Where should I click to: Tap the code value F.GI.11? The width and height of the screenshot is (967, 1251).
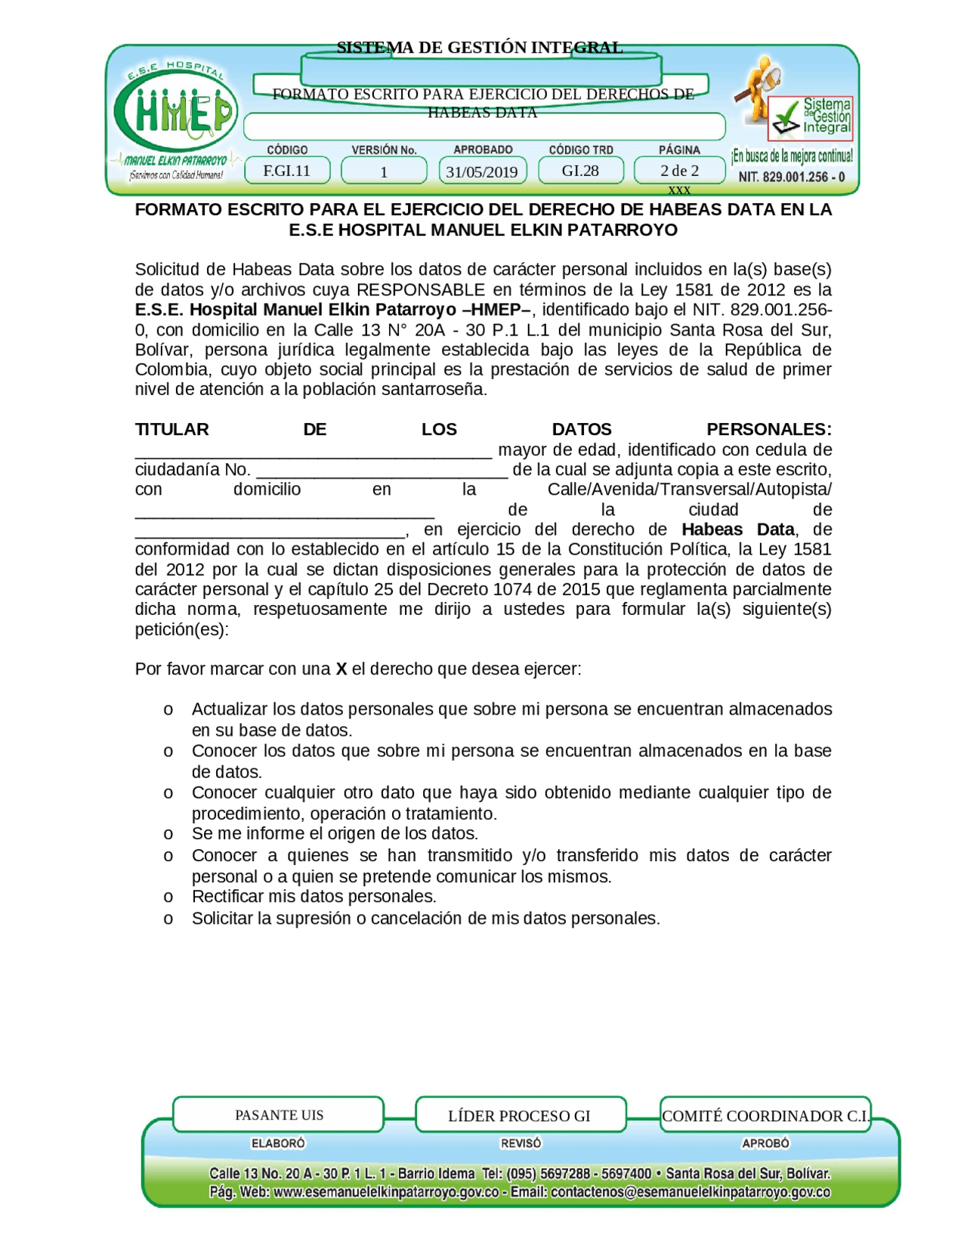(287, 171)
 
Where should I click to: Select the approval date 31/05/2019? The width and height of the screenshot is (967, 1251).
(481, 171)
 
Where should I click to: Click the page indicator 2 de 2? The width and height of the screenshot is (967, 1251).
(679, 171)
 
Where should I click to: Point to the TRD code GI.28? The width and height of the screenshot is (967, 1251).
(580, 171)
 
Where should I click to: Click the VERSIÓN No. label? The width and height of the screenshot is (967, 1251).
(384, 150)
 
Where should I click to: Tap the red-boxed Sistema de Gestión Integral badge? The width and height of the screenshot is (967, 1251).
(811, 117)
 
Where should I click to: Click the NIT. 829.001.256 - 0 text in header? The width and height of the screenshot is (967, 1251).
(791, 177)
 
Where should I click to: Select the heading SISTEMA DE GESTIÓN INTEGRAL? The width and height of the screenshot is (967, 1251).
(480, 48)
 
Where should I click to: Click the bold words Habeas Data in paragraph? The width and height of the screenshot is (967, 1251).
(737, 529)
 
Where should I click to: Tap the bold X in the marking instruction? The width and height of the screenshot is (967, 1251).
(341, 669)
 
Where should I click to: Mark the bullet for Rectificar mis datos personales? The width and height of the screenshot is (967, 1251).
(168, 897)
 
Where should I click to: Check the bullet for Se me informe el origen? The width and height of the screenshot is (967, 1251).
(168, 834)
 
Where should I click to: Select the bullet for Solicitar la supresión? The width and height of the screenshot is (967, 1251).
(168, 919)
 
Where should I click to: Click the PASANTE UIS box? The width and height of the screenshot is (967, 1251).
(279, 1114)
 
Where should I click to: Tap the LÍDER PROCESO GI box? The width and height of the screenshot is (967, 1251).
(520, 1115)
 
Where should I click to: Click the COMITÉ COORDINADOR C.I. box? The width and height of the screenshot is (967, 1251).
(765, 1115)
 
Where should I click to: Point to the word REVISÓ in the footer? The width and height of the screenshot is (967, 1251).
(521, 1143)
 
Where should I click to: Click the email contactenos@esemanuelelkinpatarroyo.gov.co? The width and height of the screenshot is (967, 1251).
(690, 1192)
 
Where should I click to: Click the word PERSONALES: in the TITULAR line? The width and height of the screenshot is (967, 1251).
(768, 429)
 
